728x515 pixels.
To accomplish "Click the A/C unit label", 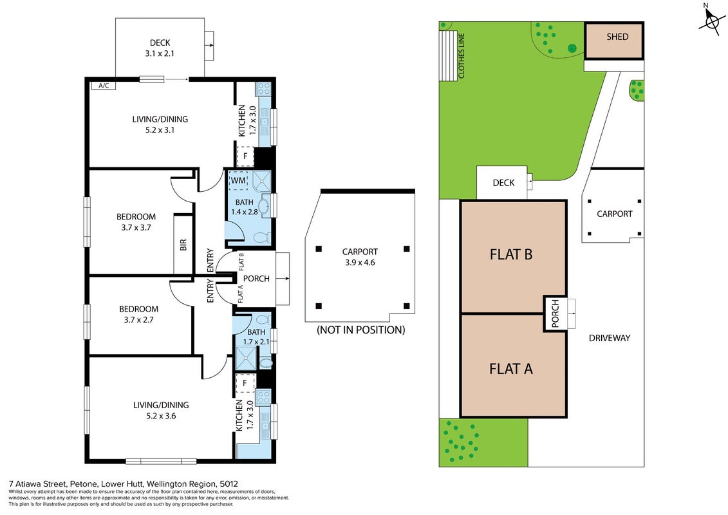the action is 104,86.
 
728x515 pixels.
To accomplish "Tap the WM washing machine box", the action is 238,180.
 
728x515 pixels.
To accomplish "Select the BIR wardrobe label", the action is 183,245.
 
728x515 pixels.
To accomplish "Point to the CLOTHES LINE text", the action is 461,56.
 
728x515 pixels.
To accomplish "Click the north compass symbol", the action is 712,20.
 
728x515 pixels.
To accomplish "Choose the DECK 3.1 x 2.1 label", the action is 160,48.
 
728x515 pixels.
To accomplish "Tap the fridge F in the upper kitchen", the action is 245,156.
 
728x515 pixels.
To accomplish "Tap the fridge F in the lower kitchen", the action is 245,383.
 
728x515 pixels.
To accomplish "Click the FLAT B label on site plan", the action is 510,254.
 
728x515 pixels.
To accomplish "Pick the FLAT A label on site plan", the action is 510,369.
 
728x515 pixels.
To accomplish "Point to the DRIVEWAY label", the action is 609,338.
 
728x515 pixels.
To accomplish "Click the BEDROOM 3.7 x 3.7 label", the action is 136,222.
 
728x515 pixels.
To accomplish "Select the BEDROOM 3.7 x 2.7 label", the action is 138,314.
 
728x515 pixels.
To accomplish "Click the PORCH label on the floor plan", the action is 256,279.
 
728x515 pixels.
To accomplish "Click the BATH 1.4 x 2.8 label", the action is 244,207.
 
